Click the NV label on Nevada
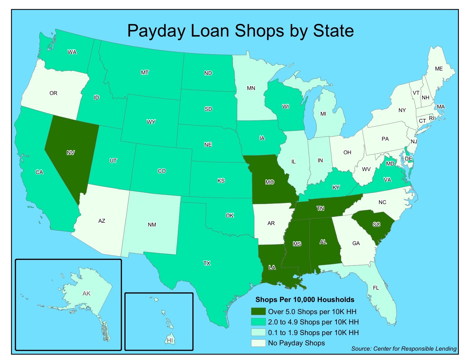(x=71, y=152)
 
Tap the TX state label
(x=207, y=263)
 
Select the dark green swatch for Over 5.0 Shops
(x=258, y=311)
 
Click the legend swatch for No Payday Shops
(x=258, y=343)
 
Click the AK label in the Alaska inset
(x=87, y=293)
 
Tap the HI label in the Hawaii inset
(x=170, y=340)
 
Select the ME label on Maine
(x=439, y=69)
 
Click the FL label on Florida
(x=376, y=288)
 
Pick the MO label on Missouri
(x=269, y=182)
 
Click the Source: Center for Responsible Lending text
(x=404, y=349)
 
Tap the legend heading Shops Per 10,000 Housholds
(x=305, y=300)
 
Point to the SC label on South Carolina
(x=376, y=224)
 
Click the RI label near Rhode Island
(x=432, y=118)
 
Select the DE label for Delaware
(x=409, y=158)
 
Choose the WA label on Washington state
(x=72, y=52)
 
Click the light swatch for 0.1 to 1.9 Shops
(x=258, y=332)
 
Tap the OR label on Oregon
(x=53, y=93)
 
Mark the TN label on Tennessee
(x=321, y=209)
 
